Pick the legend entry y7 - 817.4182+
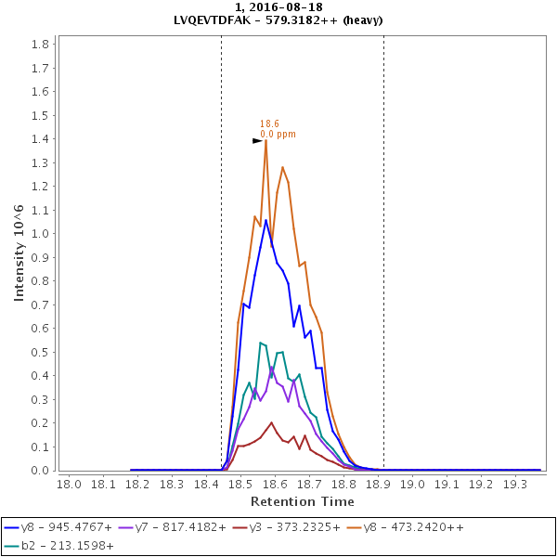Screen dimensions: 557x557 click(186, 527)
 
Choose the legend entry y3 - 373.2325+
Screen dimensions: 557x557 click(304, 527)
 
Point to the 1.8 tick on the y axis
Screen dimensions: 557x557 click(41, 45)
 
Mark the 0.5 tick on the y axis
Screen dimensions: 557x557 click(41, 352)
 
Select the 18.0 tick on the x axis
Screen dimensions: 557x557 click(70, 484)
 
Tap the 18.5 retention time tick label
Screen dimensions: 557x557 click(240, 484)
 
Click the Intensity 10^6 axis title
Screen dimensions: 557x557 click(19, 254)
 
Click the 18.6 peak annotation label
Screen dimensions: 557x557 click(269, 123)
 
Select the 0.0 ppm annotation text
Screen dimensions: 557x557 click(278, 134)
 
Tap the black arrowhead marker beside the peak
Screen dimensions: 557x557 click(257, 140)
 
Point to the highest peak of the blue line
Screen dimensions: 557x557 click(266, 220)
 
